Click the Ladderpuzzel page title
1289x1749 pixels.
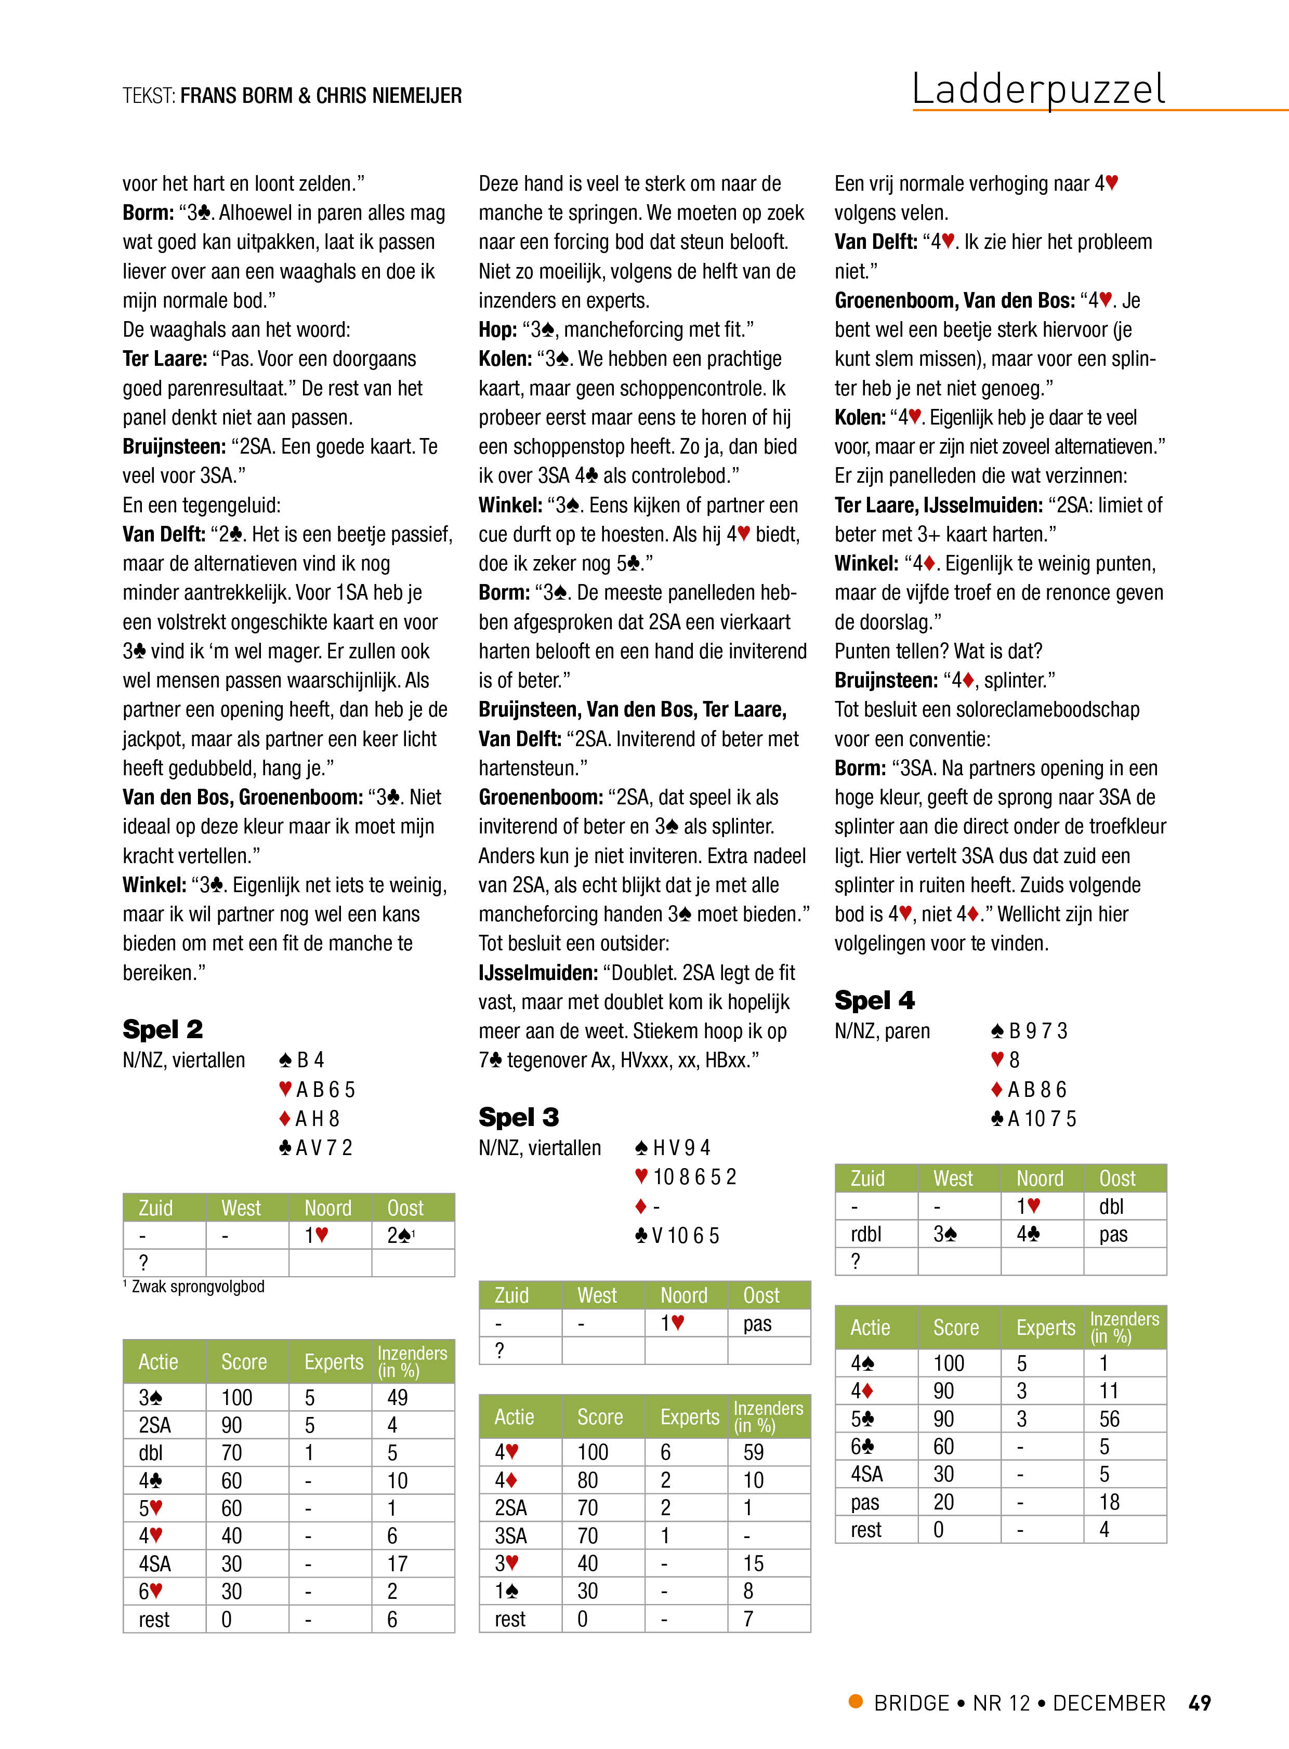tap(1038, 90)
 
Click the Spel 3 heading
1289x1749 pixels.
tap(518, 1117)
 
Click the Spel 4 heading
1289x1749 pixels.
tap(874, 1000)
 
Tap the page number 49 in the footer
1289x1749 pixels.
tap(1199, 1703)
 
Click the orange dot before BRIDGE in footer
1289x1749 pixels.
tap(856, 1701)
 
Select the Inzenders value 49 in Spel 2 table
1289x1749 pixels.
tap(398, 1397)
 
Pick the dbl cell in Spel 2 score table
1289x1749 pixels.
tap(151, 1452)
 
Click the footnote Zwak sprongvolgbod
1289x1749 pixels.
tap(198, 1287)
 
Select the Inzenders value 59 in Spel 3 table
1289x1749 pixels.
tap(754, 1452)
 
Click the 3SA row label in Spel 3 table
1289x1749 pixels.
tap(511, 1535)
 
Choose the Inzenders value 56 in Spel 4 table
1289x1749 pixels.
tap(1110, 1419)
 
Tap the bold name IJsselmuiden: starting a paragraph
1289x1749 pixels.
tap(537, 973)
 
